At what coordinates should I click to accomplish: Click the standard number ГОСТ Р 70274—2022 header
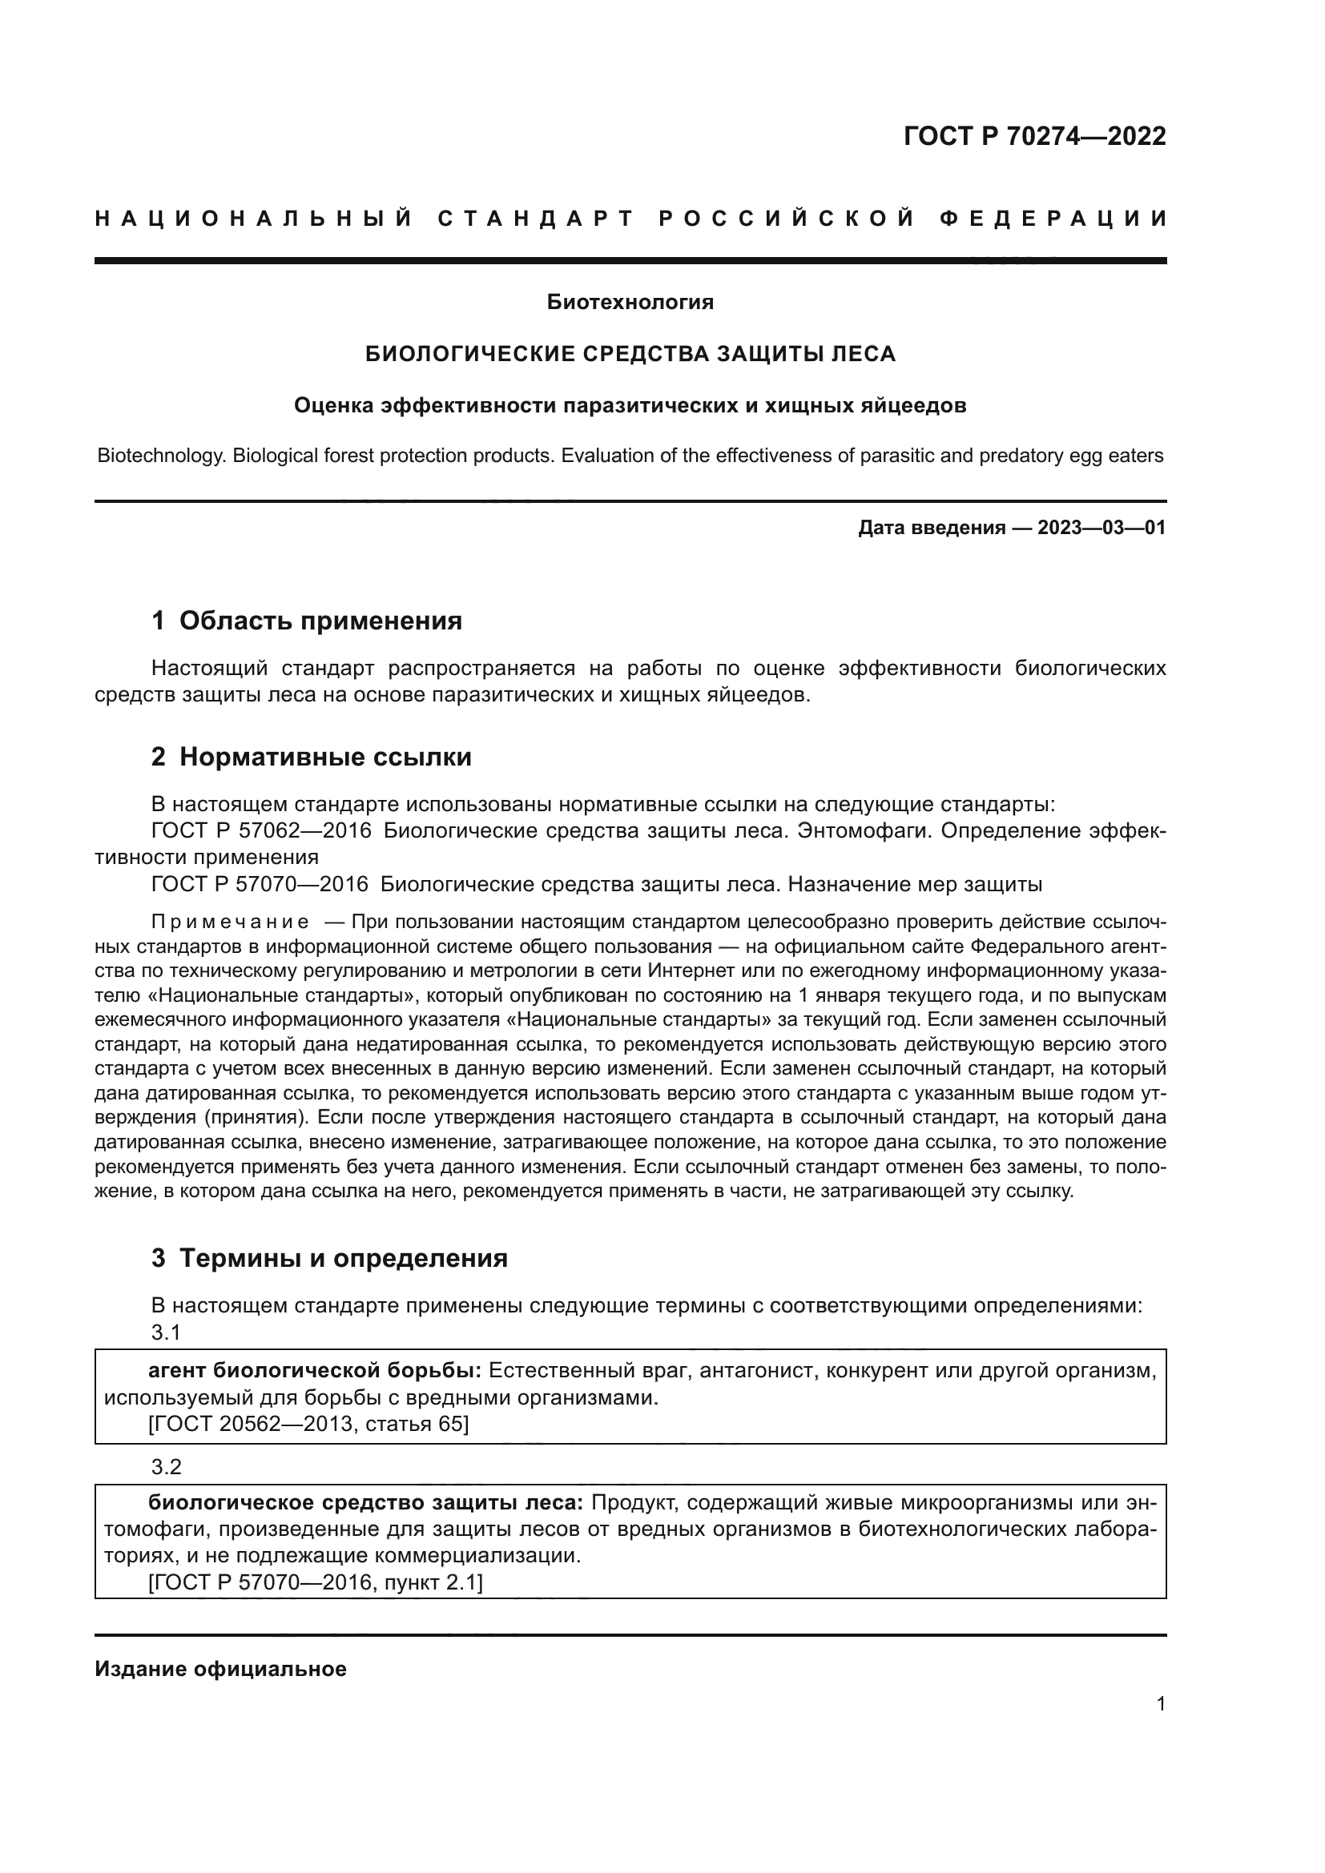click(1033, 136)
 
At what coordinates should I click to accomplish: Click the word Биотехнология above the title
click(630, 303)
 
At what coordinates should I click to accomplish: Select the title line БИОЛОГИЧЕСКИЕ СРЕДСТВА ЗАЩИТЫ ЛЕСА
click(630, 354)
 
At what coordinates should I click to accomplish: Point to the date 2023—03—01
click(1101, 528)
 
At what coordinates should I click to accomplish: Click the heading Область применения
click(320, 621)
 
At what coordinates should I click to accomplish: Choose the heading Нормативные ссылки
click(324, 757)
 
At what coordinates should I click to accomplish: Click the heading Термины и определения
click(343, 1258)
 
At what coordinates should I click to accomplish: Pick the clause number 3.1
click(166, 1333)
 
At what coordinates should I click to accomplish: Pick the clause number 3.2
click(166, 1468)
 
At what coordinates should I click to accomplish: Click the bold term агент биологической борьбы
click(314, 1370)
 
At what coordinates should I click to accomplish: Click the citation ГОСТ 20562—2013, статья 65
click(308, 1425)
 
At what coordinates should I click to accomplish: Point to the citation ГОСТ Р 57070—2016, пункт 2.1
click(315, 1582)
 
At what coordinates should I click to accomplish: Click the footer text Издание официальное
click(220, 1669)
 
